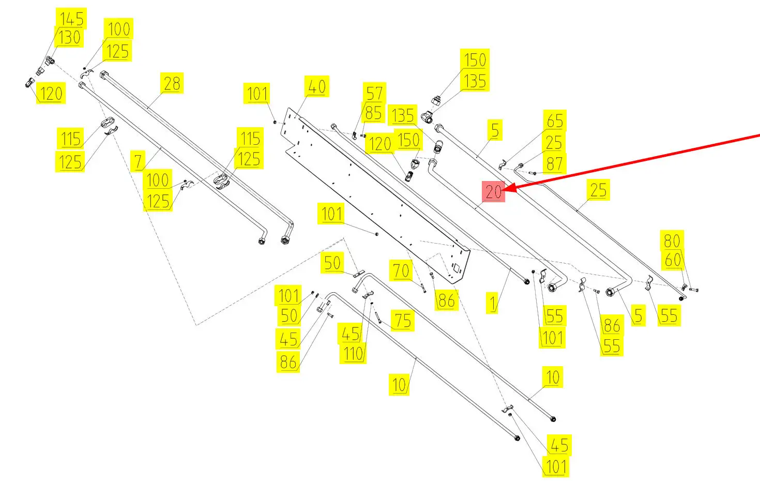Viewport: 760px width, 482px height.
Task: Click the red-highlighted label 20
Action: pos(493,192)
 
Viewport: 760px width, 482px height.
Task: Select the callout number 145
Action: pos(71,19)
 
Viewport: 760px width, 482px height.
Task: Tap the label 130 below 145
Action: pos(69,38)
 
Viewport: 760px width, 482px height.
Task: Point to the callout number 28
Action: pos(172,83)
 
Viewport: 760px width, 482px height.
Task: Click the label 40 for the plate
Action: pos(316,86)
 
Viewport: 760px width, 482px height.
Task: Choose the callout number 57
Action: pos(374,93)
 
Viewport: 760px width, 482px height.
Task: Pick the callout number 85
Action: pos(373,113)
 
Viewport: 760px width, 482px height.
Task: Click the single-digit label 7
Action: pos(138,161)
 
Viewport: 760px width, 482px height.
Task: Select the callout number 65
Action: pos(554,121)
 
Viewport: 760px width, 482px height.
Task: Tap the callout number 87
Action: pos(554,163)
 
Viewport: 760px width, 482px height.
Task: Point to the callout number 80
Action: pos(672,241)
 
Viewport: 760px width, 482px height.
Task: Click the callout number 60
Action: pos(673,260)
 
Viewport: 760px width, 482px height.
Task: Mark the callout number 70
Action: pos(401,270)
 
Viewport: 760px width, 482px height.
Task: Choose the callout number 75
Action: pos(403,321)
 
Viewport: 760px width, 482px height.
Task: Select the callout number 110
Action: pos(353,354)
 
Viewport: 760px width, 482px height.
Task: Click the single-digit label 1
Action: pos(493,303)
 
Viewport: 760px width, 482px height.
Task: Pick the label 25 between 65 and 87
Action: pos(554,142)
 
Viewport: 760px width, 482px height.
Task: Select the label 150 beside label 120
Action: pos(408,140)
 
